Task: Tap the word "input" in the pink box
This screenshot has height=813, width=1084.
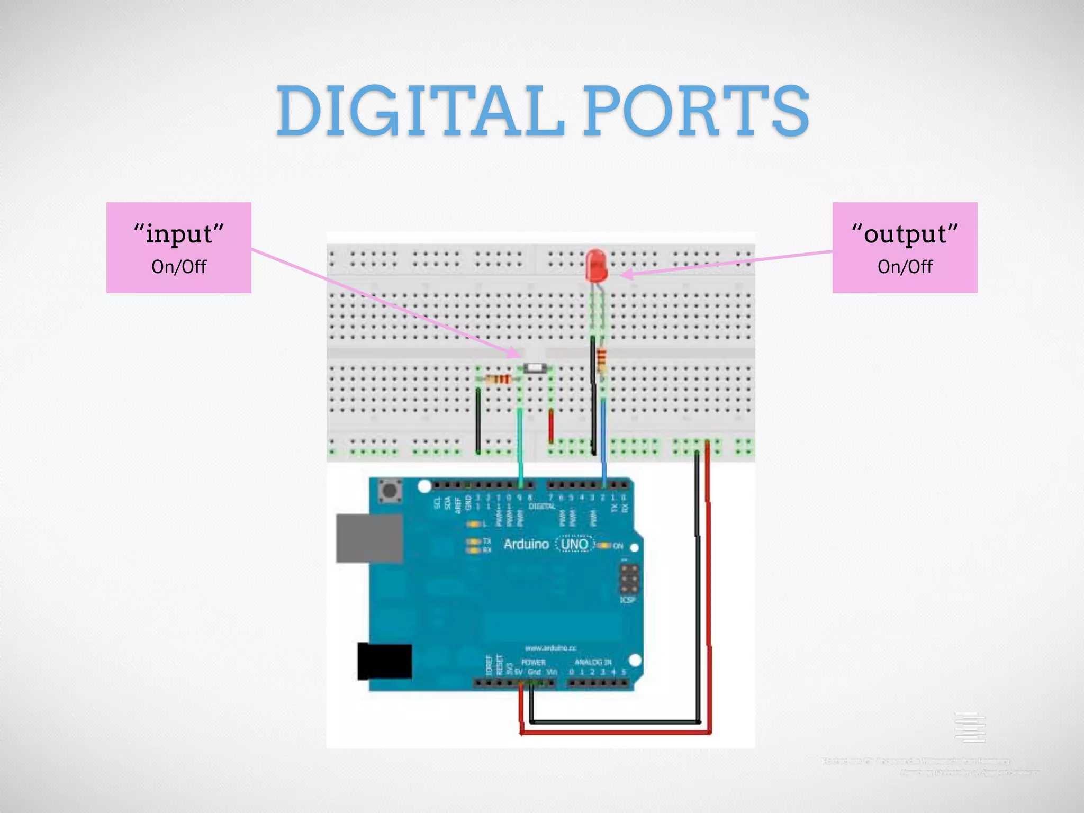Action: tap(179, 233)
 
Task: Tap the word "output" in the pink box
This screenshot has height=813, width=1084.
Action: tap(905, 233)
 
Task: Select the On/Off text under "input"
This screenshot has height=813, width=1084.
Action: tap(179, 267)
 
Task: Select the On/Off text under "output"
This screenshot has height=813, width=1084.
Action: tap(905, 267)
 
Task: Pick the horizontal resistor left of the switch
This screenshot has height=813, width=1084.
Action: tap(498, 379)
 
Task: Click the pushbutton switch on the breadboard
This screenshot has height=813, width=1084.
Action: tap(535, 368)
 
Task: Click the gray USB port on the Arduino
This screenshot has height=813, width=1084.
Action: tap(369, 538)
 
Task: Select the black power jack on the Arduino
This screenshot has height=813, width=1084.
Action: tap(384, 661)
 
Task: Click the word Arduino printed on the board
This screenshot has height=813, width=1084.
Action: tap(526, 544)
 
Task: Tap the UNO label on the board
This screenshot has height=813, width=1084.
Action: tap(574, 544)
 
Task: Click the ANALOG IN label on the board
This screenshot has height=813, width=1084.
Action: tap(593, 662)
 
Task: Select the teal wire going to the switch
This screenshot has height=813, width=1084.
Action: tap(520, 439)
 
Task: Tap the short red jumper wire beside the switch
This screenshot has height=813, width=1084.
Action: tap(551, 426)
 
